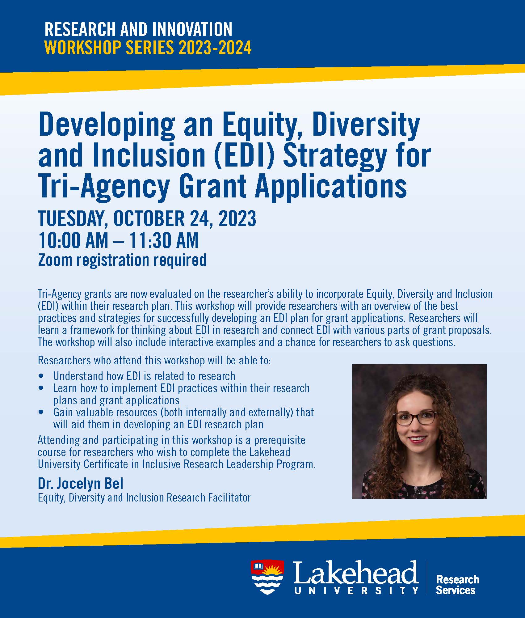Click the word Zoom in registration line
point(55,260)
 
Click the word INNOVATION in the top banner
point(187,29)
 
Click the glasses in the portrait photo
point(416,418)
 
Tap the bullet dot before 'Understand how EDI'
point(41,376)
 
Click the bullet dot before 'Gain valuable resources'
point(41,413)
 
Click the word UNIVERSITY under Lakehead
point(356,591)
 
